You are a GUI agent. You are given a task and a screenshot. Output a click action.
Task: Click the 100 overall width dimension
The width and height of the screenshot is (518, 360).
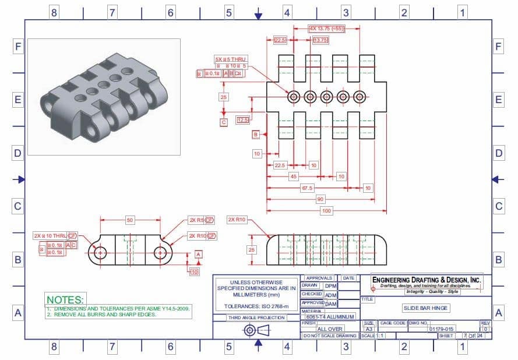tap(326, 210)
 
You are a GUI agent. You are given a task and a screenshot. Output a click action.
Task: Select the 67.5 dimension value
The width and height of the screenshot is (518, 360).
tap(307, 188)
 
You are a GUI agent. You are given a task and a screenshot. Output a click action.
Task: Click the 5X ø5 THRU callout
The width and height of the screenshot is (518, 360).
tap(231, 59)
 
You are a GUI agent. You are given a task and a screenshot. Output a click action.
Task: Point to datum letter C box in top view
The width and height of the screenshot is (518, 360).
tap(223, 122)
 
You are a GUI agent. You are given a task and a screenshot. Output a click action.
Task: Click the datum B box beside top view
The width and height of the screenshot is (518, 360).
tap(255, 135)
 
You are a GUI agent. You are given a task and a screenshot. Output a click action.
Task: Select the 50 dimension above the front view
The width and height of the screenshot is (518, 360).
tap(130, 220)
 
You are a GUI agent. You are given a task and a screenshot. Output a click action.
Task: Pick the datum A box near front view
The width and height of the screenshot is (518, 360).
tap(199, 255)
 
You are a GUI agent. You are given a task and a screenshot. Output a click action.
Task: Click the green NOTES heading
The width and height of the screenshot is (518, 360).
tap(65, 299)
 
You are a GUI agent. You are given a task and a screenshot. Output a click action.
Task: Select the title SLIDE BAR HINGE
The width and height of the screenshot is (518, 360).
tap(426, 308)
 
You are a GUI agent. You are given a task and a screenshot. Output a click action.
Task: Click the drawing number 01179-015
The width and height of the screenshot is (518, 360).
tap(441, 329)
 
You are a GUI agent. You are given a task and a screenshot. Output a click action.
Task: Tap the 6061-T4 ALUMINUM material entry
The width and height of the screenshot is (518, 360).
tap(330, 316)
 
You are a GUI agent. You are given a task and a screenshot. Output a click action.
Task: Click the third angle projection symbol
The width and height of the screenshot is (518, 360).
tap(257, 330)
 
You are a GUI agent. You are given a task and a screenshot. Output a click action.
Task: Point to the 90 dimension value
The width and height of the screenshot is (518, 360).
tap(320, 199)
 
